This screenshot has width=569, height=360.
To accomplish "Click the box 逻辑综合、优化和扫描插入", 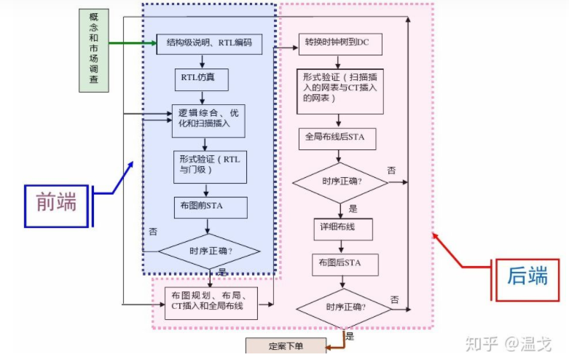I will point(208,119).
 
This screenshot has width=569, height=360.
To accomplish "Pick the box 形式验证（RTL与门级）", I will point(210,165).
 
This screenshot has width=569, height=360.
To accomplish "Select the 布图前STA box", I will point(210,206).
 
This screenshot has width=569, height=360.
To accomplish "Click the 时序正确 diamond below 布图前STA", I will point(210,251).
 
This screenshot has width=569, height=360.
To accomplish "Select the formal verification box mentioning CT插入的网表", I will point(340,91).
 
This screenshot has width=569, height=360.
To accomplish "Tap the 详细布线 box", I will point(343,227).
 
